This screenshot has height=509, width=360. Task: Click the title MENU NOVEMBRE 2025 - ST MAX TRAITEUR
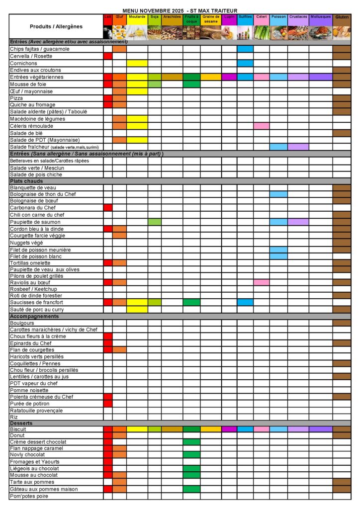180,10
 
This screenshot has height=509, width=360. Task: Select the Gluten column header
342,17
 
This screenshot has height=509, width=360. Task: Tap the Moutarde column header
137,17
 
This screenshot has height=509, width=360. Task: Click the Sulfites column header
245,17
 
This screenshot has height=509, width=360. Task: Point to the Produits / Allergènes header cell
56,26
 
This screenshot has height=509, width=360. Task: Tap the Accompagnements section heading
34,316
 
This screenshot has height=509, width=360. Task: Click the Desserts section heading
21,423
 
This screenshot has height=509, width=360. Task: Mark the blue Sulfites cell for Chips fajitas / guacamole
245,49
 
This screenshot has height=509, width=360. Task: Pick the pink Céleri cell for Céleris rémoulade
262,126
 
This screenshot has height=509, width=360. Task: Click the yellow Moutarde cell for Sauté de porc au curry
137,309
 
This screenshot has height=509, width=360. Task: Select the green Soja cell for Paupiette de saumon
154,222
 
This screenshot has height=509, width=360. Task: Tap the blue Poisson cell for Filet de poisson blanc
278,256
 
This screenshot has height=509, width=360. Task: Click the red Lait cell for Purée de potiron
108,404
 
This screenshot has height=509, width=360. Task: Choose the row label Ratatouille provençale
36,411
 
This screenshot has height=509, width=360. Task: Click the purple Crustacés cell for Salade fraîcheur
298,147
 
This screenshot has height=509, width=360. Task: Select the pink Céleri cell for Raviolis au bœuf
262,282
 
